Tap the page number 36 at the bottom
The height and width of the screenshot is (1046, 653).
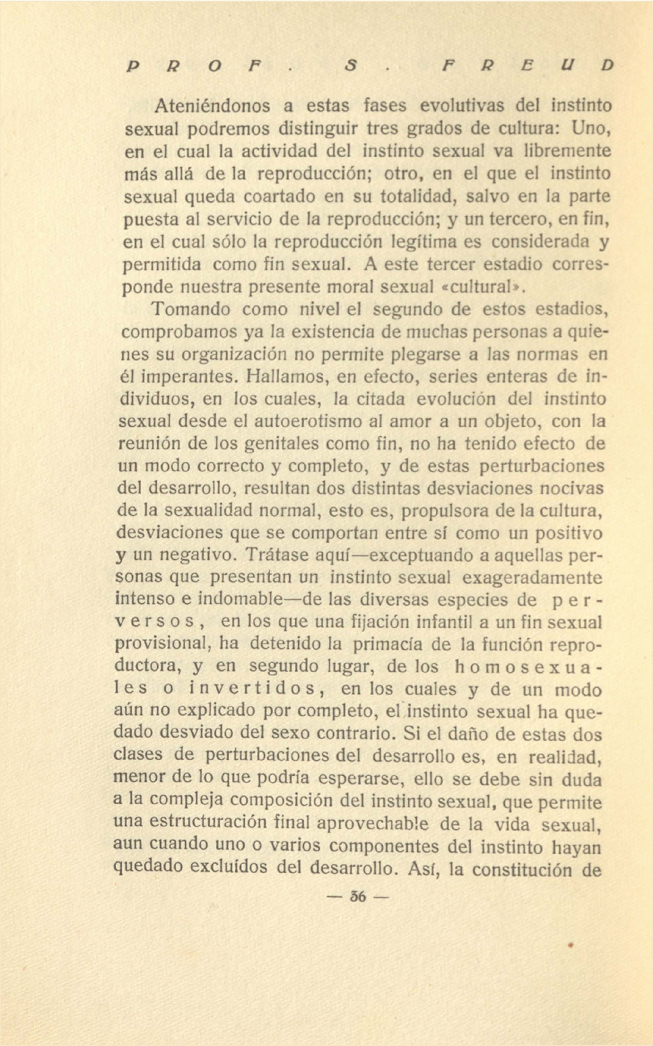pyautogui.click(x=358, y=896)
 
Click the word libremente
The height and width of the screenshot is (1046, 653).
pyautogui.click(x=567, y=151)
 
